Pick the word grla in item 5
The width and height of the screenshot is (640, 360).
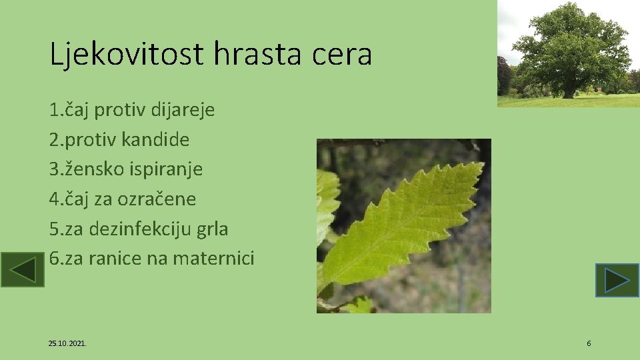tap(213, 229)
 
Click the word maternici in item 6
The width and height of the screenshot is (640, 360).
tap(213, 258)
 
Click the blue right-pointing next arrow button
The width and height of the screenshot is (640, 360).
tap(617, 280)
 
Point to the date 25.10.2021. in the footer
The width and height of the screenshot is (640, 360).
tap(67, 343)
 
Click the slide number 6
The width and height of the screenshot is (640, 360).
tap(589, 343)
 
